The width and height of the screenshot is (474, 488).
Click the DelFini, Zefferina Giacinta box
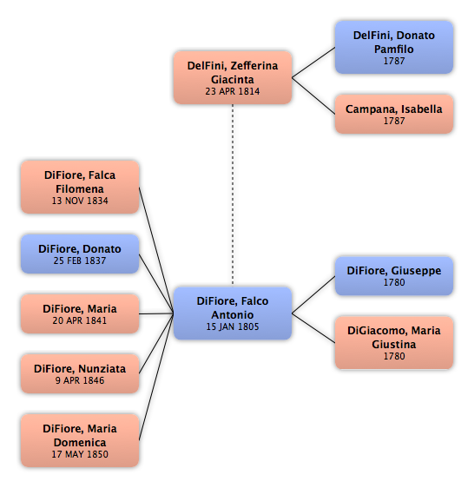point(233,77)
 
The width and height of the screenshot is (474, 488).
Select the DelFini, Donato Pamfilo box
point(394,47)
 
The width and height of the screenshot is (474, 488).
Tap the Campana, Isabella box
point(394,115)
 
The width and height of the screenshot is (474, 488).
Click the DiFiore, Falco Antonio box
point(233,313)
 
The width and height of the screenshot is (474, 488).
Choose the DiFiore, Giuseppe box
point(394,276)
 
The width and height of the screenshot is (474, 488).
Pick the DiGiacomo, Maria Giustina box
point(394,343)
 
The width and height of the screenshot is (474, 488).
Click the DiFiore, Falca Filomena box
point(80,187)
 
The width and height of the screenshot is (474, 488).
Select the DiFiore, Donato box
point(80,254)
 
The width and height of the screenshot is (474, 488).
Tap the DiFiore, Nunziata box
point(80,373)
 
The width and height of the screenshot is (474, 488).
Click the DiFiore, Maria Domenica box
point(80,440)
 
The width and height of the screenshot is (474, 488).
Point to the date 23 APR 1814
point(233,91)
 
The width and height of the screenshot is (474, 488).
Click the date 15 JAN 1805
point(233,326)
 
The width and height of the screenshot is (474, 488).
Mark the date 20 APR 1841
point(80,320)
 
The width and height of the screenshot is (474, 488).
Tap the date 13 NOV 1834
point(80,201)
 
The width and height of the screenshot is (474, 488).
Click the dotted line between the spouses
point(233,195)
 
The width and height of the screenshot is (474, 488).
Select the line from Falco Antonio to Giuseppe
point(313,294)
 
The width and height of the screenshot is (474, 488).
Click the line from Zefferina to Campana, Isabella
point(313,96)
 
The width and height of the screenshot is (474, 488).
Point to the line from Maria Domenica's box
point(156,377)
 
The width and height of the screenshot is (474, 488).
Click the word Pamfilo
point(394,49)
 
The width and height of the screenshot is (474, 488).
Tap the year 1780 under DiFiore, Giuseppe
point(394,282)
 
